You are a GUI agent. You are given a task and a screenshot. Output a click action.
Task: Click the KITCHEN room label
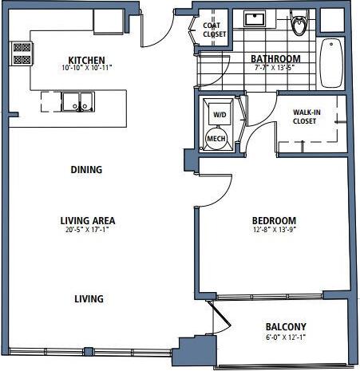87,61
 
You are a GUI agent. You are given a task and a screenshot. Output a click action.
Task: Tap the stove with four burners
22,53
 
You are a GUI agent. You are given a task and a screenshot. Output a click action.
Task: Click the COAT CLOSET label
214,30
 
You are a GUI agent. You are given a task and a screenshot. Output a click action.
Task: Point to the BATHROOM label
275,59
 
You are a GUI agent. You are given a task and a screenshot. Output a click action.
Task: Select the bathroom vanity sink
256,19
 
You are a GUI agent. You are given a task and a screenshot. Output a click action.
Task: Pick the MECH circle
216,139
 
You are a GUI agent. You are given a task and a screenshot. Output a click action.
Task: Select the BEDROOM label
275,221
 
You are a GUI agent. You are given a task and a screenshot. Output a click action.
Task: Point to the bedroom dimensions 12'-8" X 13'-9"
275,231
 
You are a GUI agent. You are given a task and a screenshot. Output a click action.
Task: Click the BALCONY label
285,327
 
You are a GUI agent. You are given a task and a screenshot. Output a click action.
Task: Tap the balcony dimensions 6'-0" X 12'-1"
285,337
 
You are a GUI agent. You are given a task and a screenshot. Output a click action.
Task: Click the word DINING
86,170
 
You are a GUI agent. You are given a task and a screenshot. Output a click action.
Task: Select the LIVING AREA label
88,221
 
